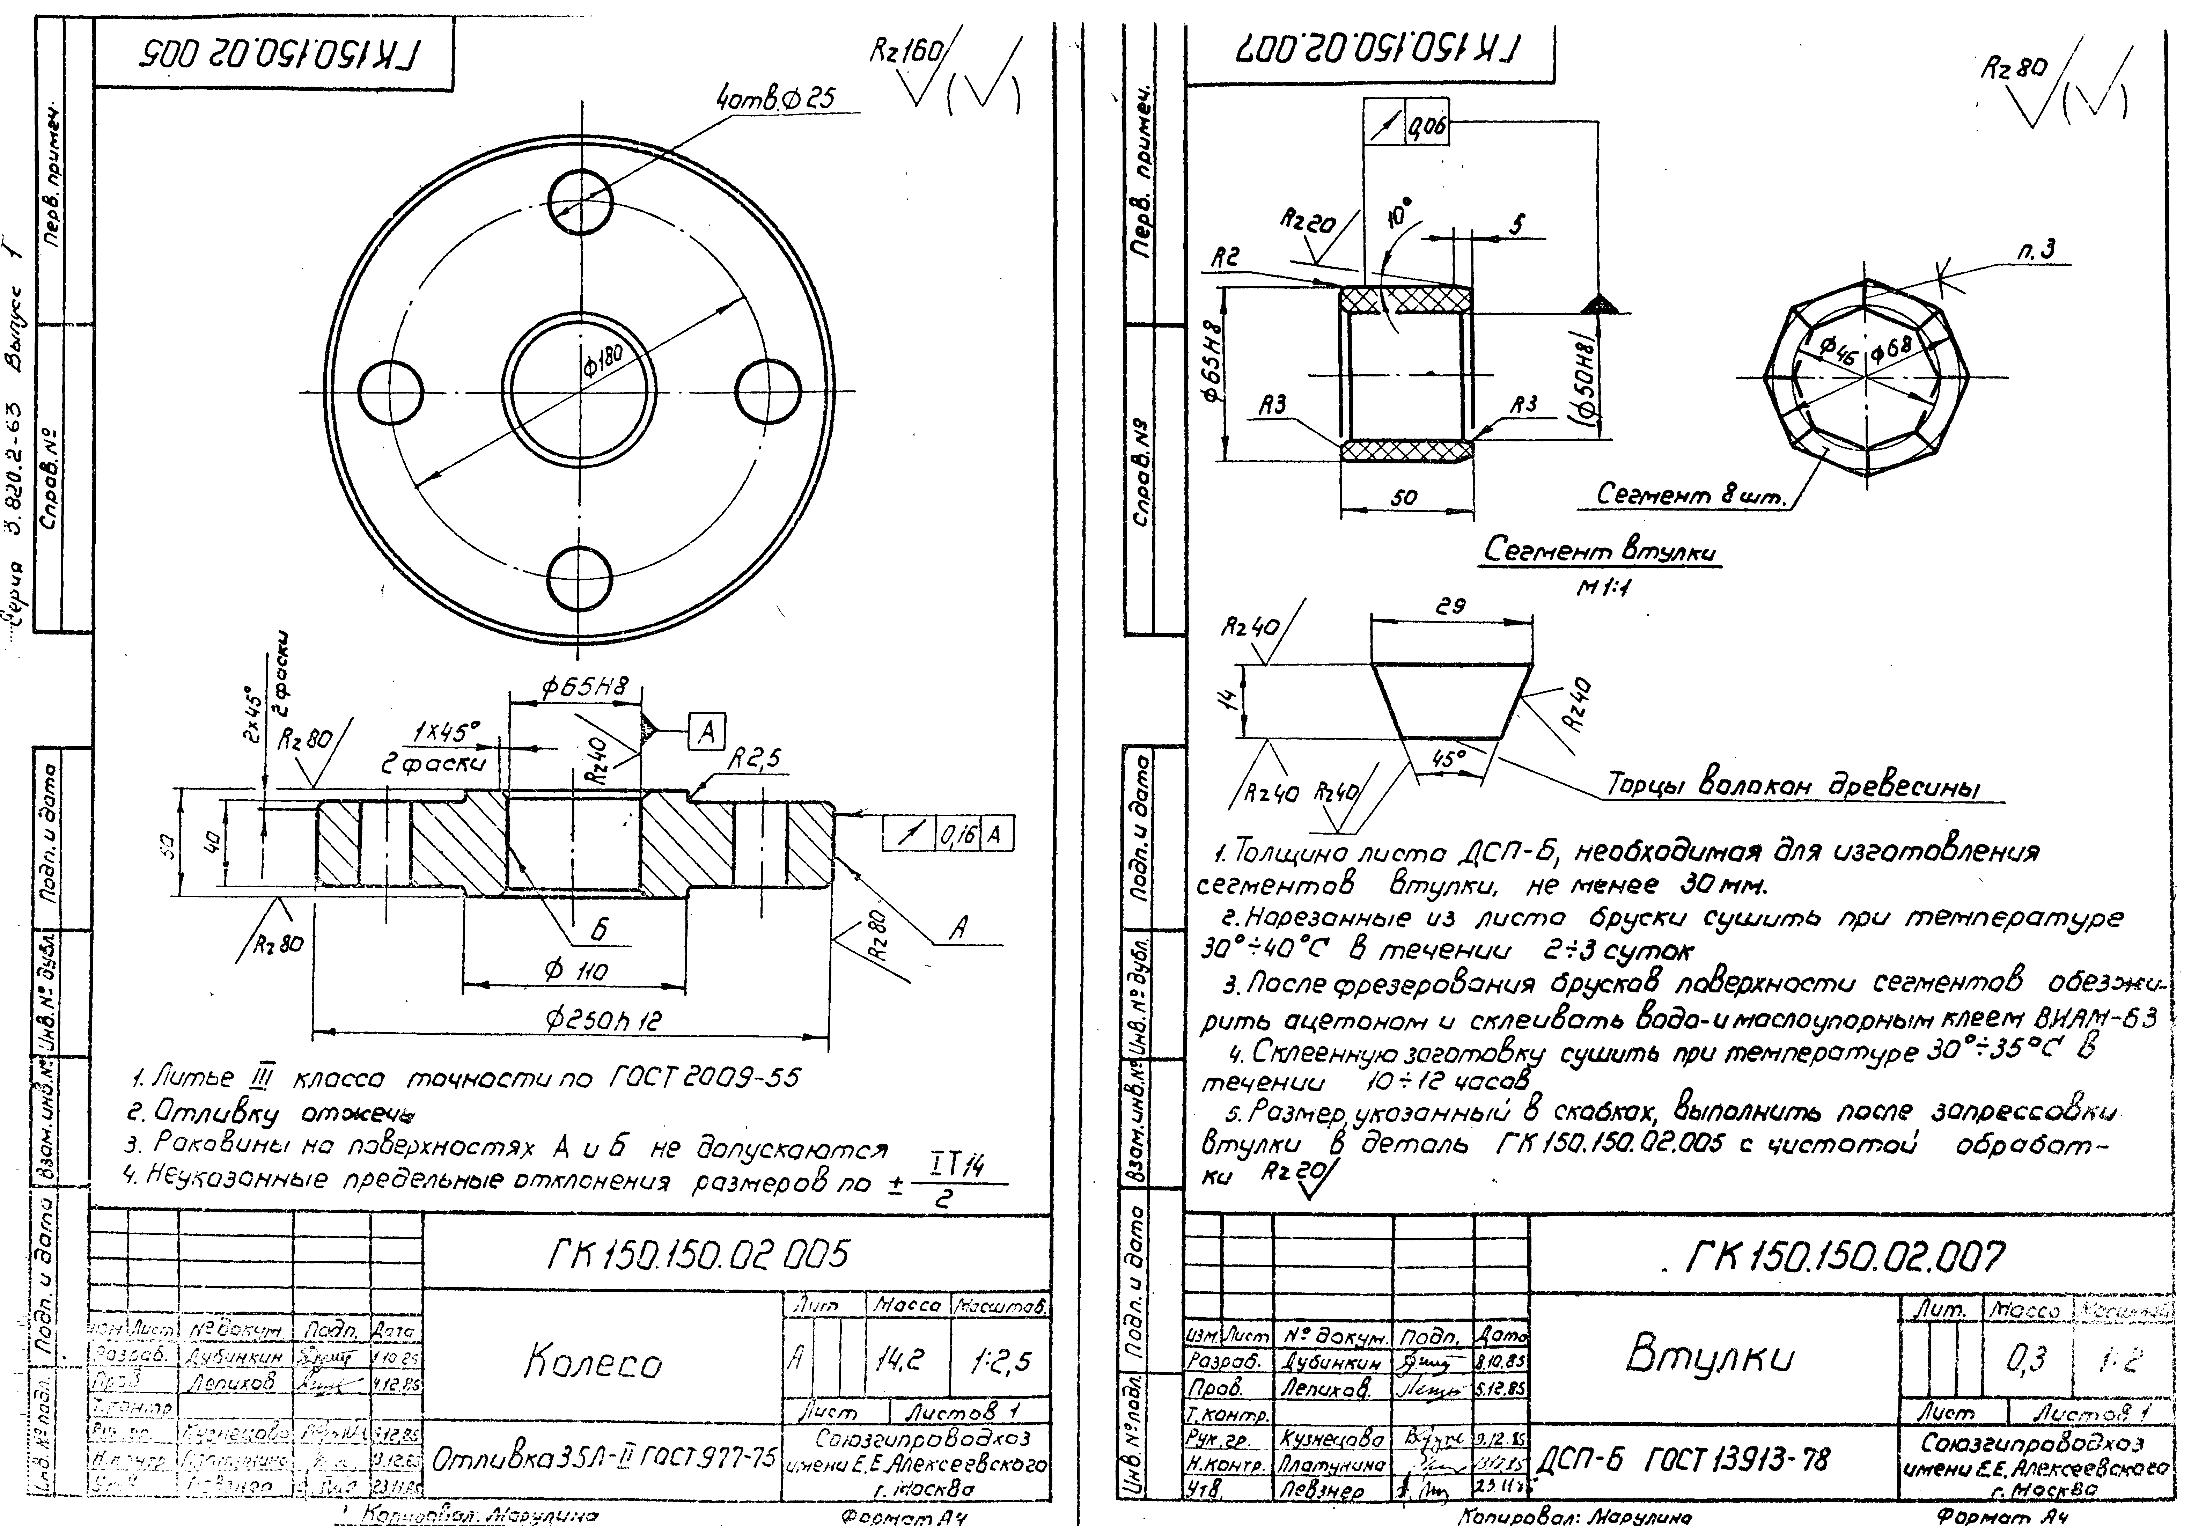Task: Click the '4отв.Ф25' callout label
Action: pos(775,97)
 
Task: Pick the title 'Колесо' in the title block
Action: pos(591,1363)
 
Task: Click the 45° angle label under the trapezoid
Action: pos(1448,759)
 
